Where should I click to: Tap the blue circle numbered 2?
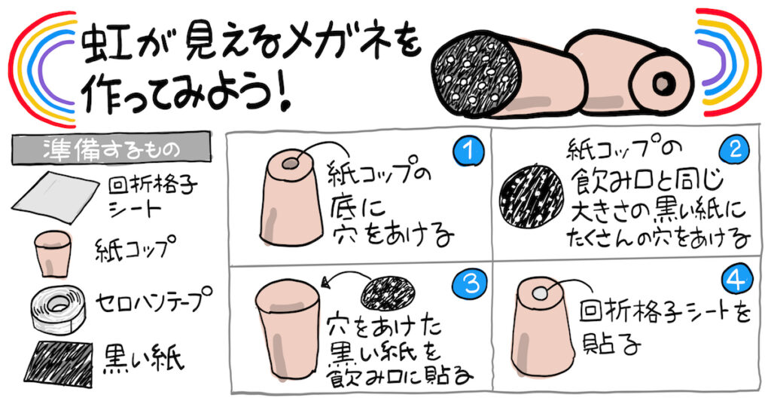tap(734, 149)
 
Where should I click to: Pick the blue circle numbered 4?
tap(737, 281)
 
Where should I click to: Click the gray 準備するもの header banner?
tap(111, 148)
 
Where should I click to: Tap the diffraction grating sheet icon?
tap(55, 197)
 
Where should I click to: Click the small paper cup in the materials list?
tap(52, 253)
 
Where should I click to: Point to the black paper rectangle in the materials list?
tap(58, 363)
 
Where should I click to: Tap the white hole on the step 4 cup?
tap(540, 293)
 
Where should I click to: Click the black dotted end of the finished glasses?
tap(476, 73)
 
